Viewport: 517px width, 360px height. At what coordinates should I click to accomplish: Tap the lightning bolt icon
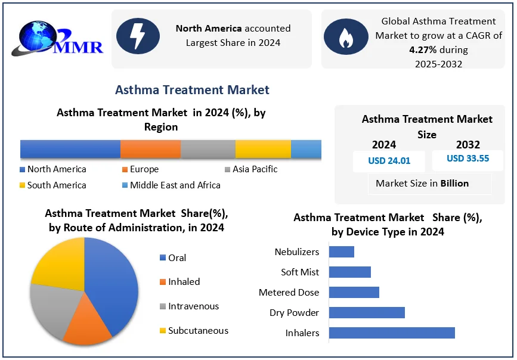(x=138, y=36)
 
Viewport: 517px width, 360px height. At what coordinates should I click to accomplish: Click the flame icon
(x=346, y=36)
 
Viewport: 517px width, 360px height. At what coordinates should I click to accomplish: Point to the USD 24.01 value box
(x=389, y=161)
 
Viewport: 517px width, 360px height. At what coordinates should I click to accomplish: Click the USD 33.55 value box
(x=468, y=159)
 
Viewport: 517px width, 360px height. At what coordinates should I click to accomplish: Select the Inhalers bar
(x=391, y=333)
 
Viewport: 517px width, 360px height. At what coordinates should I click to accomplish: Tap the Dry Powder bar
(x=366, y=312)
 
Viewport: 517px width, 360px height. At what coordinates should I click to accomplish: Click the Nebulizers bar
(x=341, y=252)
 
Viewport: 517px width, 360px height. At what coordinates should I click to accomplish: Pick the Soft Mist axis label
(x=300, y=272)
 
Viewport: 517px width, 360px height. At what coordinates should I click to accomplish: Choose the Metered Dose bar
(x=354, y=292)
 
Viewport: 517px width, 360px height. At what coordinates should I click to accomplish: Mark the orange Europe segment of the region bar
(x=150, y=149)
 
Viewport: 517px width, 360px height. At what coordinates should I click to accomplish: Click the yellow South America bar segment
(x=263, y=149)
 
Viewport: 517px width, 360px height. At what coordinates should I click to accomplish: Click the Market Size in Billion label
(x=422, y=184)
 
